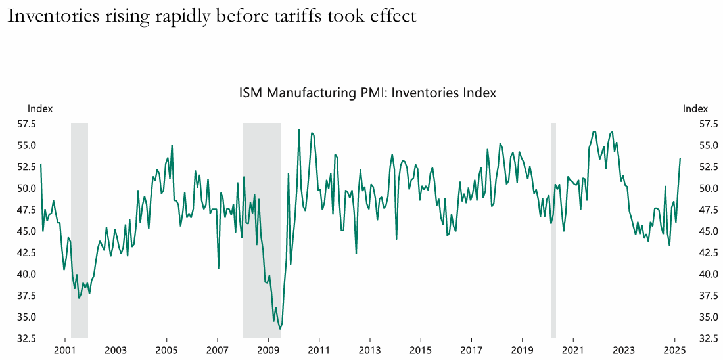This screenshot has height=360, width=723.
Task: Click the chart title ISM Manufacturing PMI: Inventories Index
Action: pos(367,93)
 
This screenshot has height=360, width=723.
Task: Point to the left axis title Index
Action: pos(39,108)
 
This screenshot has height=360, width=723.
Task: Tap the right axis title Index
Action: pos(695,108)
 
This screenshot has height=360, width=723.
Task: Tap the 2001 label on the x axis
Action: pos(64,349)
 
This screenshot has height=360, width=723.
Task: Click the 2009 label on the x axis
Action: pos(268,349)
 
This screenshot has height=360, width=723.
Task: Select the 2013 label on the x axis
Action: pos(369,349)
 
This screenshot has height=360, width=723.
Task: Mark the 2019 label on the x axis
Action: pos(523,349)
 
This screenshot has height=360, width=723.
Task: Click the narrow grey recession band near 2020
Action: pos(553,230)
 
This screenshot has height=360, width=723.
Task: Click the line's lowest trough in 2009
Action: pos(281,328)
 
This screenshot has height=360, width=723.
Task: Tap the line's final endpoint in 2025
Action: pos(680,159)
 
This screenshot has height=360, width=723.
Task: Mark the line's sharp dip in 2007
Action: pos(218,268)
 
